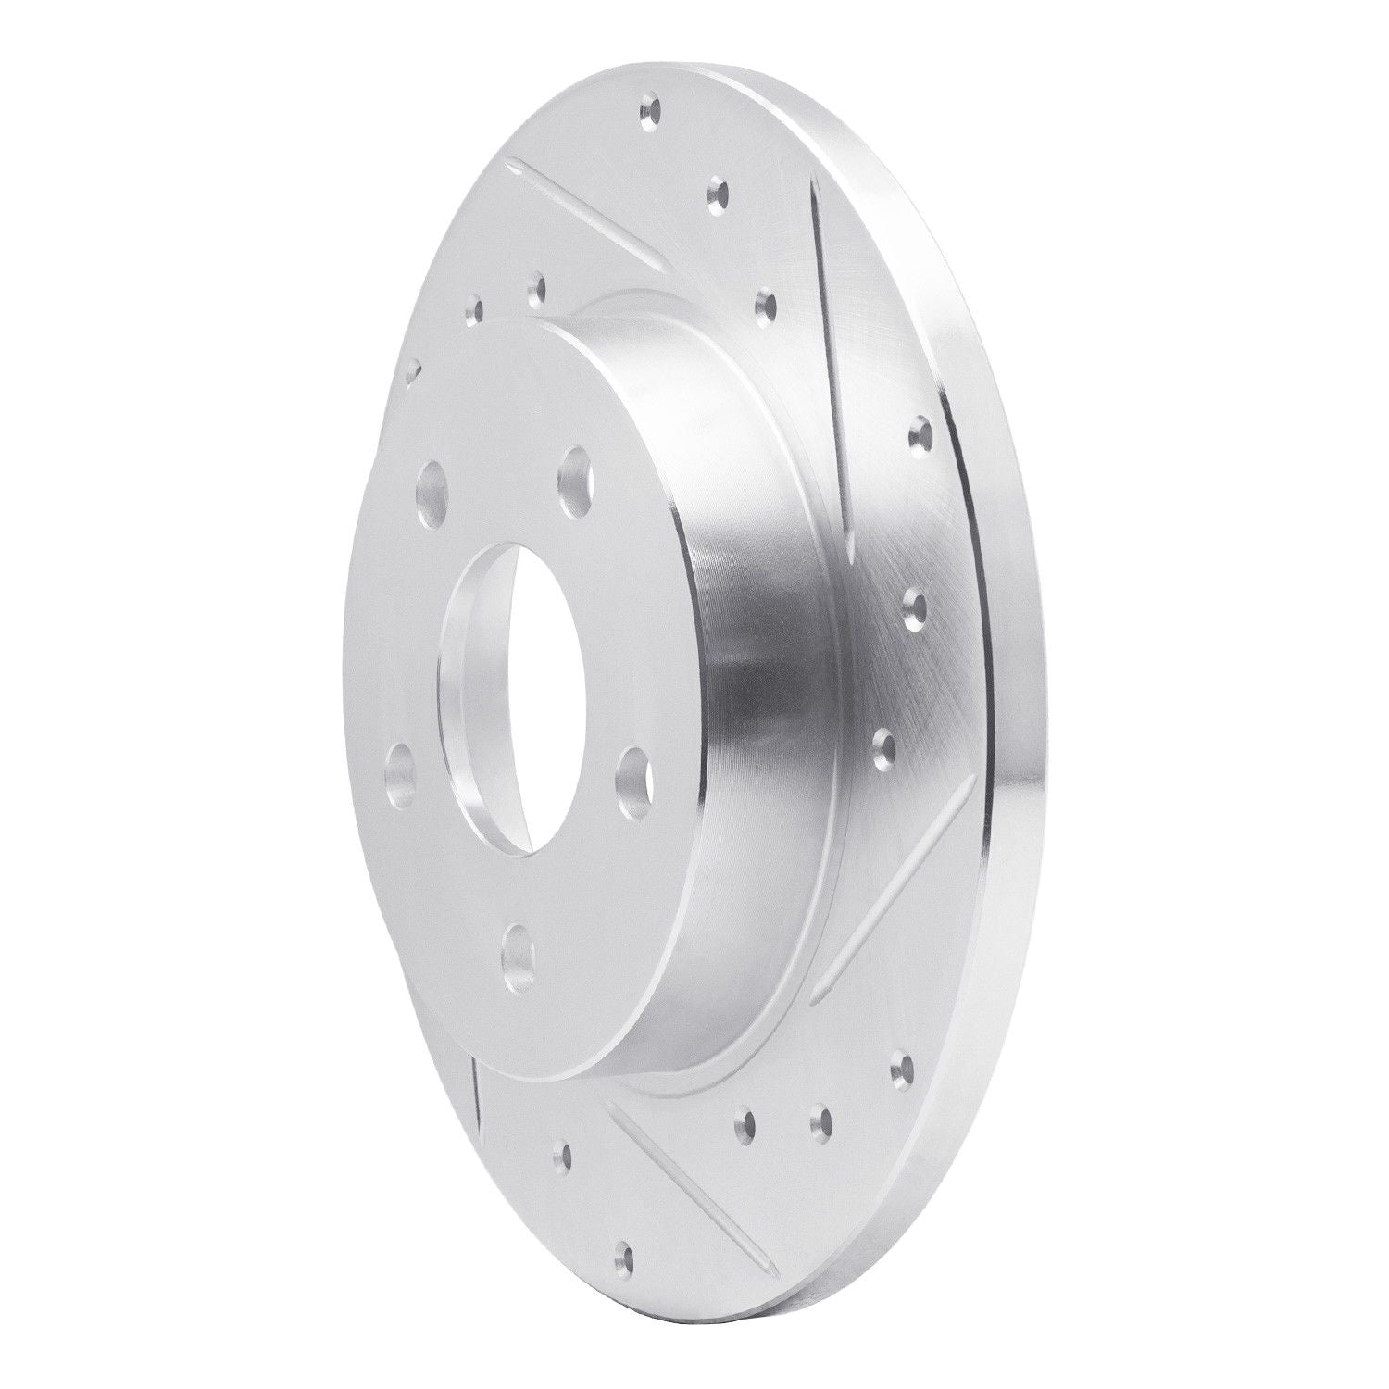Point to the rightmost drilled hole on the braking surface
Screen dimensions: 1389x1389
(x=920, y=430)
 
